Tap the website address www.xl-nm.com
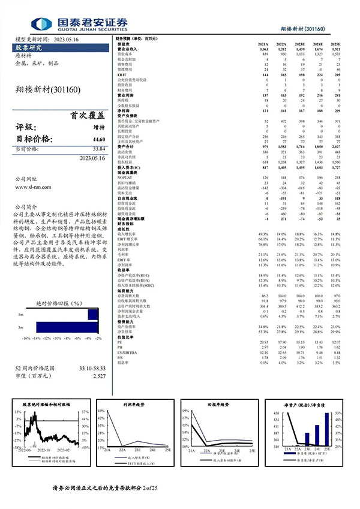[37, 188]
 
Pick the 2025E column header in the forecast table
[335, 44]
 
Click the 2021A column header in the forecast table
[262, 44]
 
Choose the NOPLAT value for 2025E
[335, 177]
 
